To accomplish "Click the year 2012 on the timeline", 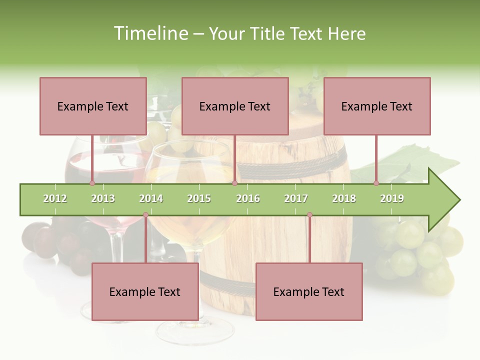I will (x=55, y=198).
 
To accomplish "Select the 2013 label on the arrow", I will (x=103, y=198).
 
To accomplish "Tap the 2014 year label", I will (x=151, y=198).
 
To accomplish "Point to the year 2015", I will (x=199, y=198).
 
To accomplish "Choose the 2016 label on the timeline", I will (x=248, y=198).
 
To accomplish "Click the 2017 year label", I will (x=296, y=198).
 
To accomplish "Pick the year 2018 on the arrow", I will (x=344, y=198).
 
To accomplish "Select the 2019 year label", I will (x=392, y=198).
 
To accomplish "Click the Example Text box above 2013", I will (x=93, y=106).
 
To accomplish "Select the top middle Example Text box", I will (x=235, y=106).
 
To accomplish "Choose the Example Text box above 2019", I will (x=377, y=106).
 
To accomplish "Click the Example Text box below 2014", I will (x=145, y=291).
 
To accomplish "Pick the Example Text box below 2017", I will (x=309, y=291).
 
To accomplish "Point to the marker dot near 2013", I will (x=92, y=183).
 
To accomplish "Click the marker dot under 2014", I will (x=145, y=215).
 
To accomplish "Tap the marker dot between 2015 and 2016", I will (x=234, y=183).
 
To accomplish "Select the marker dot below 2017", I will (x=309, y=215).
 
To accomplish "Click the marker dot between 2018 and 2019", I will (x=376, y=183).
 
